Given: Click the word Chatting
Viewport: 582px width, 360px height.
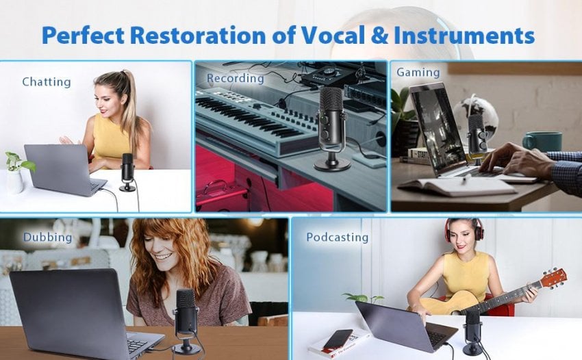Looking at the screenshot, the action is click(x=47, y=82).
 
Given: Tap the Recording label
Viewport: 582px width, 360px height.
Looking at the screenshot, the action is click(x=236, y=78).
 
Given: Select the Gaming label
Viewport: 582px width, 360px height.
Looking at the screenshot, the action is click(x=418, y=73).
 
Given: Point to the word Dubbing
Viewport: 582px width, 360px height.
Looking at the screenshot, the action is click(x=47, y=237).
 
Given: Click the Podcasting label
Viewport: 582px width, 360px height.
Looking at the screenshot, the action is click(x=337, y=237).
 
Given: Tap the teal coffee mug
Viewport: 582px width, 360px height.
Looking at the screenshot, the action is click(x=542, y=142).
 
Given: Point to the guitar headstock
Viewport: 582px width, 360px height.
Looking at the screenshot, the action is click(x=553, y=279).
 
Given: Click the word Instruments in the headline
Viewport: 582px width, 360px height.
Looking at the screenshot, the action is click(x=464, y=36).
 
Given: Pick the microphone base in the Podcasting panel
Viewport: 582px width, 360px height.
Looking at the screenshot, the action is click(x=472, y=349).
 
